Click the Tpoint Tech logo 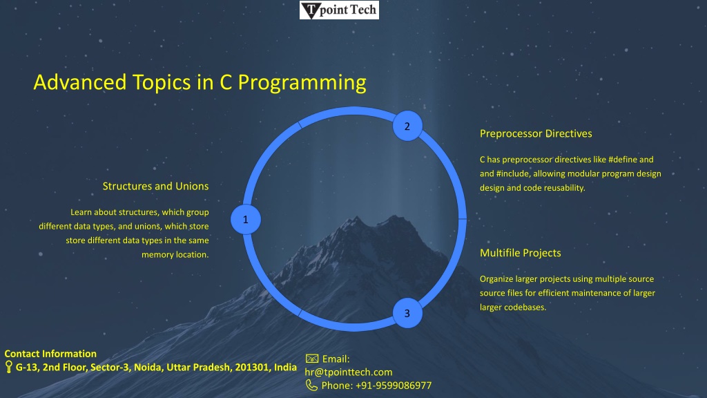point(339,10)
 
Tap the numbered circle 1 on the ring point(246,219)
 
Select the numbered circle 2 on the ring point(407,126)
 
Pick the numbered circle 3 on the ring point(407,313)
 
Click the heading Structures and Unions point(155,186)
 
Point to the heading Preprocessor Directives point(536,133)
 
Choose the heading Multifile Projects point(521,253)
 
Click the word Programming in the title point(302,83)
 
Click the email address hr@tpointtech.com point(349,372)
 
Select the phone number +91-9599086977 point(394,386)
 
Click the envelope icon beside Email point(312,359)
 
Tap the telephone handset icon point(311,385)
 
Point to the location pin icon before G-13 point(8,366)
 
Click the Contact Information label point(50,354)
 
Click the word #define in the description point(622,160)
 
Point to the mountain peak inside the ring point(356,220)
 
